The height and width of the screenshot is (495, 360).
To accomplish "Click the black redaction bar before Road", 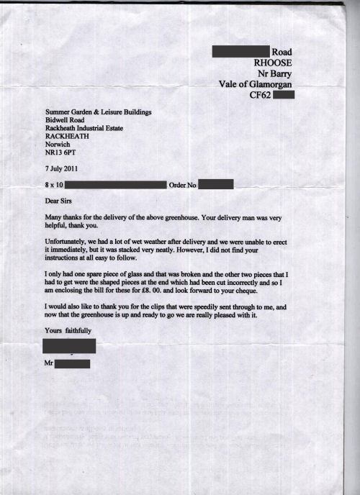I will click(x=240, y=51).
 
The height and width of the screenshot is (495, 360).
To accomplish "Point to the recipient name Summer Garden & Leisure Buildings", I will click(x=99, y=113).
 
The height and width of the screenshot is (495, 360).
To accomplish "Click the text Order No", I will click(x=182, y=185).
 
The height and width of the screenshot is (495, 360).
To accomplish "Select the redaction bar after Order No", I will click(x=215, y=184).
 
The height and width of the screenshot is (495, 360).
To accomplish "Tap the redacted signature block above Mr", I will click(x=69, y=346).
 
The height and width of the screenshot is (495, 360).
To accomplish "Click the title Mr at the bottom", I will click(x=49, y=364).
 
